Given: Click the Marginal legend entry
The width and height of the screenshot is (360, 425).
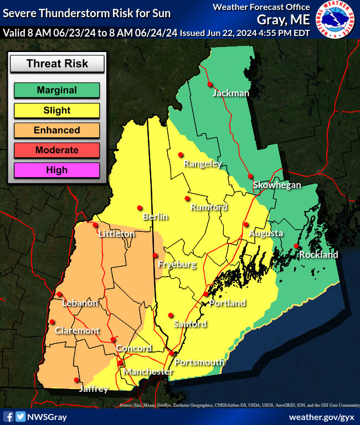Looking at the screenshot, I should point(56,90).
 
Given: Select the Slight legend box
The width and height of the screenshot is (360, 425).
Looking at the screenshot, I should point(56,110).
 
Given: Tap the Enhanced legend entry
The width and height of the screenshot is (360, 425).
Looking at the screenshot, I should point(56,130).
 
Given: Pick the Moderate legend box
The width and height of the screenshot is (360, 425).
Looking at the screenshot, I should point(56,150).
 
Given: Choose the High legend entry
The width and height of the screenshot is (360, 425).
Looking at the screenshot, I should point(56,170).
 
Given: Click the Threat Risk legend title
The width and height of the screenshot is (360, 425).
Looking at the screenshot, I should point(57,64).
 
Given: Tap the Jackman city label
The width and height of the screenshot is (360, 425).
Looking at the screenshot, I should point(230,93).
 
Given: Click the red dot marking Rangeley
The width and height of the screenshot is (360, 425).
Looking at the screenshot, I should point(180,155).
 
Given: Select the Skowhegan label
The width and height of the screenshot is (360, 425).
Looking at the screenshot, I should point(277,185).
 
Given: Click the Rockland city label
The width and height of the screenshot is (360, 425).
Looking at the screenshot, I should point(318,255).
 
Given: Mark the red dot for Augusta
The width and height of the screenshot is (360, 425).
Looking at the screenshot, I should point(245,224).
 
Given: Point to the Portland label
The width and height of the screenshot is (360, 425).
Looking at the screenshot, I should point(227,303).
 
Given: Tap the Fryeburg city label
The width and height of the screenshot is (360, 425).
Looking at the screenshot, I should point(177,265).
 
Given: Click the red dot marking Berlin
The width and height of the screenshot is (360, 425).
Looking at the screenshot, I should point(140,208).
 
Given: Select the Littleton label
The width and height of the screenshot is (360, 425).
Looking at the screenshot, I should point(116,234).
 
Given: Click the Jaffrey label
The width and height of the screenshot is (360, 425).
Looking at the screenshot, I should point(93,389).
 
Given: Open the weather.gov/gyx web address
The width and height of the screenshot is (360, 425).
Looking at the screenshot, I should point(321,417).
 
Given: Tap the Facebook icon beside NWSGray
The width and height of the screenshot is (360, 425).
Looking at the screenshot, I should point(8,417).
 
